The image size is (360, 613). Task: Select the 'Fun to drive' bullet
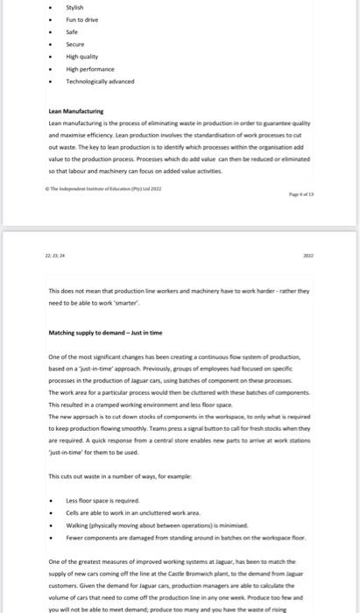(81, 27)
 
